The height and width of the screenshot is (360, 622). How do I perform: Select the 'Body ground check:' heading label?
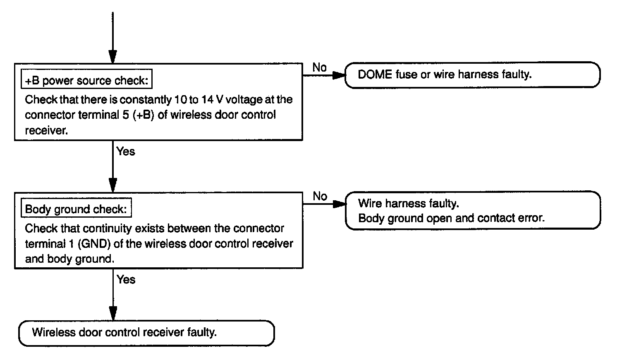coord(76,209)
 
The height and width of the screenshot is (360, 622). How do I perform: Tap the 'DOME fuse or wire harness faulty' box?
coord(472,75)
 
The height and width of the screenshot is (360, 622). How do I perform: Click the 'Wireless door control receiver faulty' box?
coord(146,333)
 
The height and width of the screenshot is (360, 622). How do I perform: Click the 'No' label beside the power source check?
coord(319,67)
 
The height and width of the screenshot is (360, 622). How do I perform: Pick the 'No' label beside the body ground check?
coord(320,196)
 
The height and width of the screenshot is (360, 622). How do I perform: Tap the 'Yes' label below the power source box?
coord(126,151)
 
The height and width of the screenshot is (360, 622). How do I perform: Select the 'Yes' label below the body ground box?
coord(126,280)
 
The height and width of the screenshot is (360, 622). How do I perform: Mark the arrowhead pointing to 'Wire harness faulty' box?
coord(340,204)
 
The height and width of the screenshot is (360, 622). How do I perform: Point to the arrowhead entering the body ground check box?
coord(112,185)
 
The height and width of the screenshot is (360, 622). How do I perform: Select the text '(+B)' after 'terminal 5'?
coord(144,115)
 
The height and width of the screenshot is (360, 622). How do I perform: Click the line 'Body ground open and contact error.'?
coord(451,218)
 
